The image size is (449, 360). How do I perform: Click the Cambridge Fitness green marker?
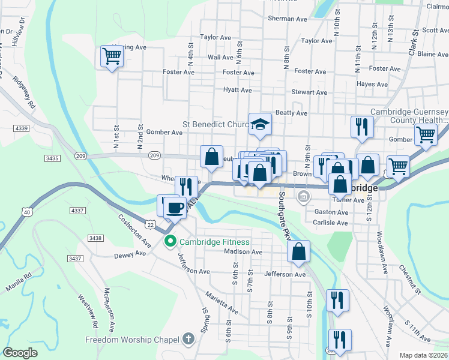170,242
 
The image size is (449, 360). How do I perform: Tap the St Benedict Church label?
215,125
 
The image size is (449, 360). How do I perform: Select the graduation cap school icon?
261,124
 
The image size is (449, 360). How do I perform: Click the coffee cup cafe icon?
175,208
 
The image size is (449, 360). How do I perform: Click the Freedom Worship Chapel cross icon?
188,338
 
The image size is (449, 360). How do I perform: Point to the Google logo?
20,353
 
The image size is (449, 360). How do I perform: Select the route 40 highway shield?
25,212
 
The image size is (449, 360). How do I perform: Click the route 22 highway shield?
151,224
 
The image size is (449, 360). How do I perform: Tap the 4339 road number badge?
22,128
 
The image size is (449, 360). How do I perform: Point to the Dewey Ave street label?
130,254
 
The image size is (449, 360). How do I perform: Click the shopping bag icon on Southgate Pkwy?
299,251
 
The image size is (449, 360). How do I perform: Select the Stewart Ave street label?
309,92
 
